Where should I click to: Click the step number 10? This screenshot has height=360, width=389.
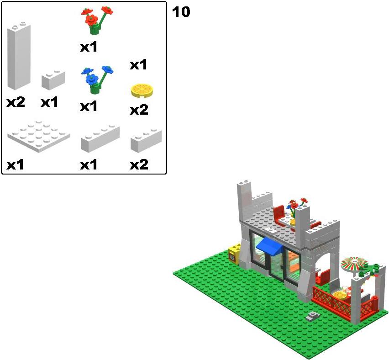click(x=181, y=12)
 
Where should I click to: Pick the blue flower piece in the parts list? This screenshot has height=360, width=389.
click(x=97, y=79)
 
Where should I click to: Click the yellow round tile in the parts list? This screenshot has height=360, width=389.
click(x=142, y=91)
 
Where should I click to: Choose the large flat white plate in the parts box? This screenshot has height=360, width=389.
click(x=39, y=136)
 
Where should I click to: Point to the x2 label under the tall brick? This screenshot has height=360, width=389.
click(x=16, y=102)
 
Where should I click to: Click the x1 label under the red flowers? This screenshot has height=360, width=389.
click(x=89, y=47)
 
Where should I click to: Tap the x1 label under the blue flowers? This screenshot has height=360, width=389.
click(x=89, y=106)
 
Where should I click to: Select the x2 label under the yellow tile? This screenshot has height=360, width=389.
click(x=139, y=110)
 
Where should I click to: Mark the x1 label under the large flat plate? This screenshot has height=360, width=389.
click(x=15, y=164)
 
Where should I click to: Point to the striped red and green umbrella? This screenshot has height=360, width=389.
click(x=354, y=264)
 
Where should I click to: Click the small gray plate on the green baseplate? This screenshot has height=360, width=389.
click(x=313, y=316)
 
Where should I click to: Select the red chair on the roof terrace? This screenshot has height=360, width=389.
click(x=279, y=214)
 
